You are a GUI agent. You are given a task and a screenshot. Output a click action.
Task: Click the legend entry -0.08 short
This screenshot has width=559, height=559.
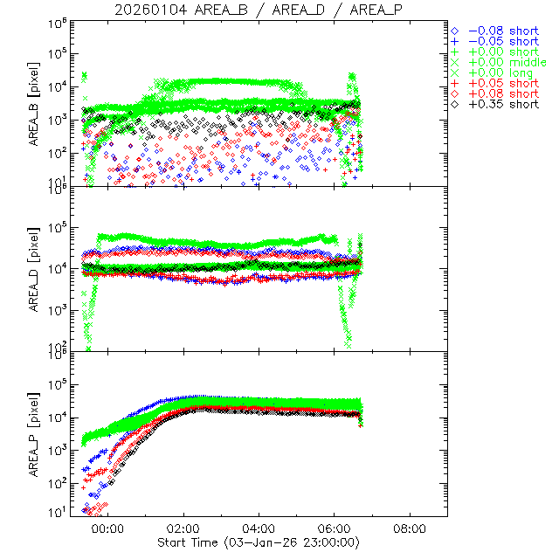(x=501, y=31)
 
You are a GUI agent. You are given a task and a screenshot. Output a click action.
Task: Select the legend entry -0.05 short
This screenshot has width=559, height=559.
(x=501, y=41)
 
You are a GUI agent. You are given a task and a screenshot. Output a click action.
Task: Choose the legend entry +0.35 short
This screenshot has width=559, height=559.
(x=501, y=104)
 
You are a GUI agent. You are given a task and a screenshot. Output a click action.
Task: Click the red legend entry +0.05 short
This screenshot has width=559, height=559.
(x=501, y=83)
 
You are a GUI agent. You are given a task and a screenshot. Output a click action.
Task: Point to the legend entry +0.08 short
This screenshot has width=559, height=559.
(x=501, y=93)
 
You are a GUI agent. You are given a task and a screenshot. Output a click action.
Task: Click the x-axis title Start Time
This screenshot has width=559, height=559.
(x=259, y=542)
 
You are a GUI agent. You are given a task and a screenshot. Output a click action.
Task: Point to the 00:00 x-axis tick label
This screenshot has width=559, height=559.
(x=107, y=529)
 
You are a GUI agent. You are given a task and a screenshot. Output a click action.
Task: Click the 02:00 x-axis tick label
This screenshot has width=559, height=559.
(x=183, y=529)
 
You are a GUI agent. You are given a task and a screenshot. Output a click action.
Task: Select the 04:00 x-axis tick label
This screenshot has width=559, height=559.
(x=259, y=529)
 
